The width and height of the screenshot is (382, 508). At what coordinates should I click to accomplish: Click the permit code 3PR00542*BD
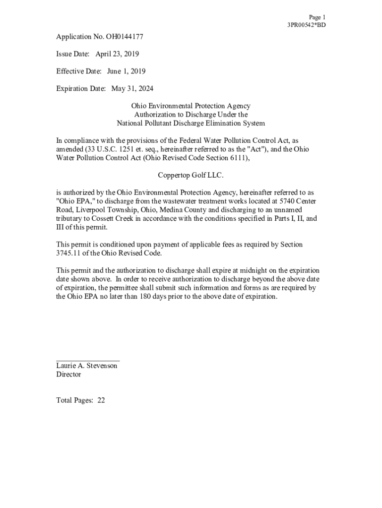click(x=307, y=25)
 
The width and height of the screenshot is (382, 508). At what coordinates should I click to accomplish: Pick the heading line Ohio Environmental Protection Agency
click(x=191, y=106)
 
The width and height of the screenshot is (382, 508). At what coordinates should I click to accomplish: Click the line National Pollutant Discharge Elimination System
click(x=191, y=124)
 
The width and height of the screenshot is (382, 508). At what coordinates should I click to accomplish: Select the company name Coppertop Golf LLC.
click(x=191, y=175)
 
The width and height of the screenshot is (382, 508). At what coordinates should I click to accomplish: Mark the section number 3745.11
click(x=69, y=253)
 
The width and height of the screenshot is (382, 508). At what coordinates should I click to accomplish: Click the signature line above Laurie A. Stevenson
click(x=88, y=361)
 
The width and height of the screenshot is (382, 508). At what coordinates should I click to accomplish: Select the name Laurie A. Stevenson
click(x=87, y=366)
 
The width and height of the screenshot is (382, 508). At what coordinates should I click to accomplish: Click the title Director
click(x=68, y=375)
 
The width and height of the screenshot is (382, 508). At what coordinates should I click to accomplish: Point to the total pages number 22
click(x=101, y=400)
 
